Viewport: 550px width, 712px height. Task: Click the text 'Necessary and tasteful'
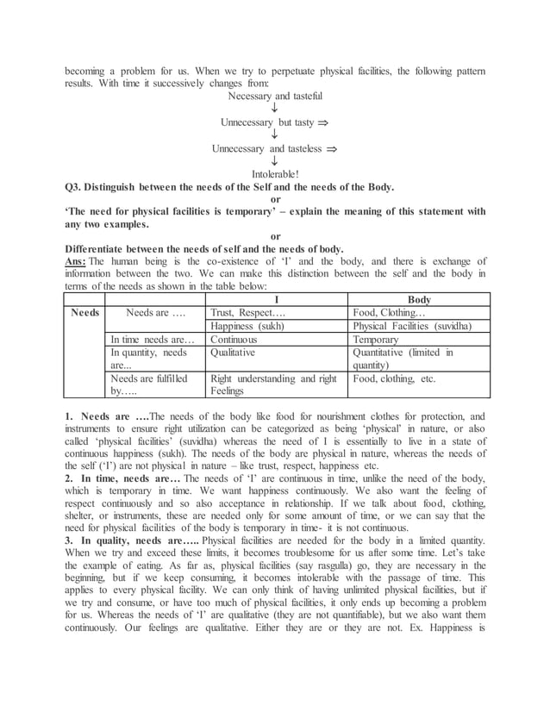pyautogui.click(x=274, y=97)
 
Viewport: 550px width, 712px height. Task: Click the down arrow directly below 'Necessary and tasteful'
pyautogui.click(x=274, y=109)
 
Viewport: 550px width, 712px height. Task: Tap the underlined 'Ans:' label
pyautogui.click(x=76, y=261)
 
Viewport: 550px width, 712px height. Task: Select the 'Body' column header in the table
pyautogui.click(x=419, y=299)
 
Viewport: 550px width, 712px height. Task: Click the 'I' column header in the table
pyautogui.click(x=275, y=299)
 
